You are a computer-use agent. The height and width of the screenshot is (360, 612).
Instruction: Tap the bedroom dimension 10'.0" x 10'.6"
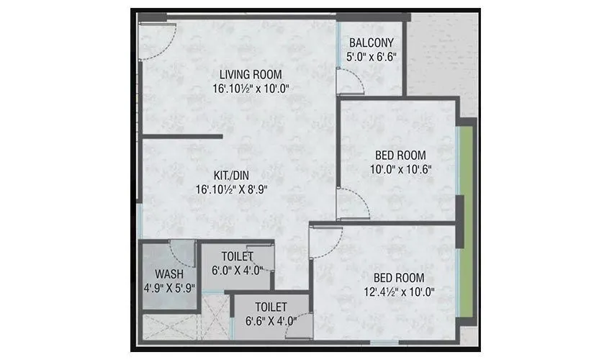pos(400,169)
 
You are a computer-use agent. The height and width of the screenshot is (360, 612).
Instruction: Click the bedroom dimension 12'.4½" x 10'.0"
pos(398,292)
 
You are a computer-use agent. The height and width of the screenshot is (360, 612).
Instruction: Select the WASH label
pos(168,274)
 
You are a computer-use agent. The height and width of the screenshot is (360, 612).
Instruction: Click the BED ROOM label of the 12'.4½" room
pos(398,278)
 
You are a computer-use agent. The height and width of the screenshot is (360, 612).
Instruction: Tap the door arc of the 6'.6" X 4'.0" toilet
pos(302,322)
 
